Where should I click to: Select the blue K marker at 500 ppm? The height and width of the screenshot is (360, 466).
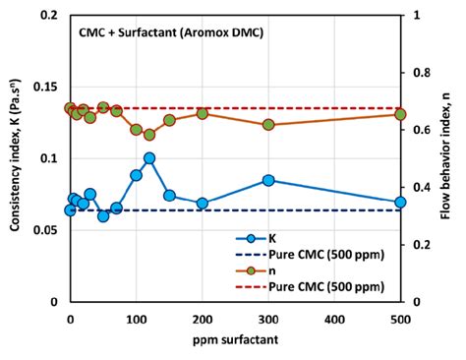(x=400, y=203)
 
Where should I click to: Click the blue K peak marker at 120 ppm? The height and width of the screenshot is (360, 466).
(x=149, y=158)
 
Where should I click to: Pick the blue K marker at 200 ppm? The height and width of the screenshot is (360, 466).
(x=203, y=204)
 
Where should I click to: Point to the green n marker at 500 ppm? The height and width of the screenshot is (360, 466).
(x=400, y=115)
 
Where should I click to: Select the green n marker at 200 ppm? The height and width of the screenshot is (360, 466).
(x=203, y=113)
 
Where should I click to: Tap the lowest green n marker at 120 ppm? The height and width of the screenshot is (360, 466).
(x=149, y=135)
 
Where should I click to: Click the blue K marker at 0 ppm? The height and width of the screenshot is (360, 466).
(x=70, y=210)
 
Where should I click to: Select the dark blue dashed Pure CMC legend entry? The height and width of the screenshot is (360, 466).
(x=315, y=255)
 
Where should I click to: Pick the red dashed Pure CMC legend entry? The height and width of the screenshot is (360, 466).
(x=315, y=287)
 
